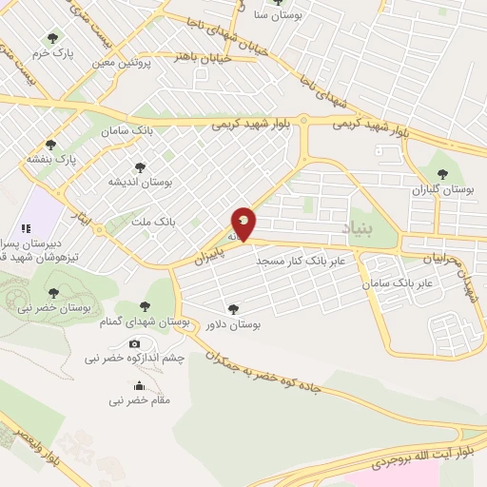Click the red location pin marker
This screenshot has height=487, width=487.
coord(244,223)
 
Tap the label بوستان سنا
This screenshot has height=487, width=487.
coord(284,15)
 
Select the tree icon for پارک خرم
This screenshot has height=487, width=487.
coord(51,38)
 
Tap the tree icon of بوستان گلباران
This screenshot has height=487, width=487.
coord(441,174)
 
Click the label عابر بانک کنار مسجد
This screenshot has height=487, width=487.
coord(305,259)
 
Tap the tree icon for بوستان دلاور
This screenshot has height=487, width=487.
coord(233,308)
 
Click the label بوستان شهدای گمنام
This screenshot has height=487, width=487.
coord(145,323)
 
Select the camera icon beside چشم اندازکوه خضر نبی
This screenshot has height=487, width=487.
coord(134,343)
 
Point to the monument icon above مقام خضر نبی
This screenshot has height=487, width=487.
coord(140,385)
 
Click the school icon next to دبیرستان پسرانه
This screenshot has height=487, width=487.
coord(27,228)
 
